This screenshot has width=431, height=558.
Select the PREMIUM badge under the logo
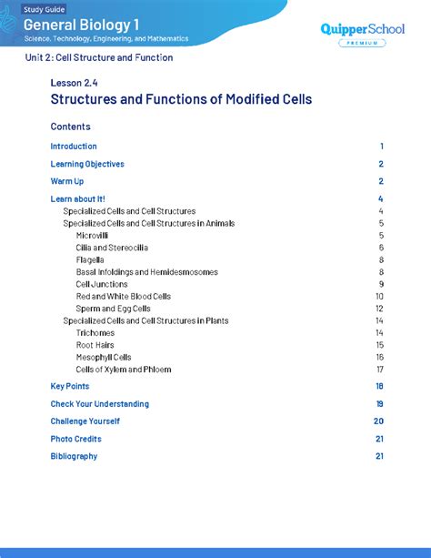click(x=360, y=44)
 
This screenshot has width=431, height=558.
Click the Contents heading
click(x=70, y=127)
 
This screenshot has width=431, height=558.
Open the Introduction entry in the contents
click(x=74, y=147)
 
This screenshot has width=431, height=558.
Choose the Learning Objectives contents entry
click(x=87, y=164)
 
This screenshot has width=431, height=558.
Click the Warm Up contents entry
click(x=67, y=181)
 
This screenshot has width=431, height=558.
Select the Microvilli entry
click(x=94, y=235)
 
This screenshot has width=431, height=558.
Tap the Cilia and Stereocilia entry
click(x=112, y=248)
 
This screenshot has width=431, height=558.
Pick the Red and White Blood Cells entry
click(x=123, y=296)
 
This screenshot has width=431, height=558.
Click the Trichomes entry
click(x=95, y=333)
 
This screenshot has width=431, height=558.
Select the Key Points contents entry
click(x=70, y=386)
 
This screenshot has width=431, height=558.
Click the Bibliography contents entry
click(x=74, y=456)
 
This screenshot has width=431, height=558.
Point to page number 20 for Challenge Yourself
click(x=378, y=421)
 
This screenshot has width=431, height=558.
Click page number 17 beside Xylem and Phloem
click(x=379, y=370)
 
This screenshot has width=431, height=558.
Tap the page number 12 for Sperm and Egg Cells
click(x=379, y=309)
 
